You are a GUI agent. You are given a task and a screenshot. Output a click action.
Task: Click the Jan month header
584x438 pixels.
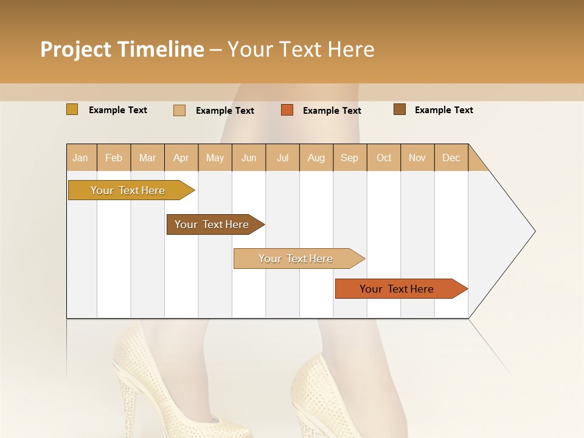coord(81,158)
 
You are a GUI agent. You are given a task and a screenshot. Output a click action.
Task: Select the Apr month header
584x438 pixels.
coord(181,158)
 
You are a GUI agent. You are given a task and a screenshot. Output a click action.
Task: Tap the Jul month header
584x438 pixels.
coord(283,158)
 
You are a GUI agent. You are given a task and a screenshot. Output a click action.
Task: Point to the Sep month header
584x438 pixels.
coord(350,158)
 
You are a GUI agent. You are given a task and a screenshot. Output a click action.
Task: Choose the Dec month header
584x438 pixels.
coord(451,158)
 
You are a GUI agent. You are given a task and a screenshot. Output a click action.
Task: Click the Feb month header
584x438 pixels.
coord(114,158)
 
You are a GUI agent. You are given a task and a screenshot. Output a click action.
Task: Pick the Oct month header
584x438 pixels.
coord(384,158)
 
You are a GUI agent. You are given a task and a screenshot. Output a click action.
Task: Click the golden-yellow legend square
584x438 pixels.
coord(72,109)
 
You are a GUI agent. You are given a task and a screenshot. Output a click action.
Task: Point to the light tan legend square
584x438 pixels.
coord(179,110)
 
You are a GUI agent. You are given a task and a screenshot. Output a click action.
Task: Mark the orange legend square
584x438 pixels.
coord(287,110)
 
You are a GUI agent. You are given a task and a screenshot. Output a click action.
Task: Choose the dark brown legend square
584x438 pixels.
coord(400,109)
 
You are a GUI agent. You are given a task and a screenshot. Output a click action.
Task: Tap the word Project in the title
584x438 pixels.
coord(75,49)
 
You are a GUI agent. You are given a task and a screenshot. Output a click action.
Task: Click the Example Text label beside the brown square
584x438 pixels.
coord(443,110)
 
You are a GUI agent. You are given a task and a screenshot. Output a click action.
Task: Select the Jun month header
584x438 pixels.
coord(249,158)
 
